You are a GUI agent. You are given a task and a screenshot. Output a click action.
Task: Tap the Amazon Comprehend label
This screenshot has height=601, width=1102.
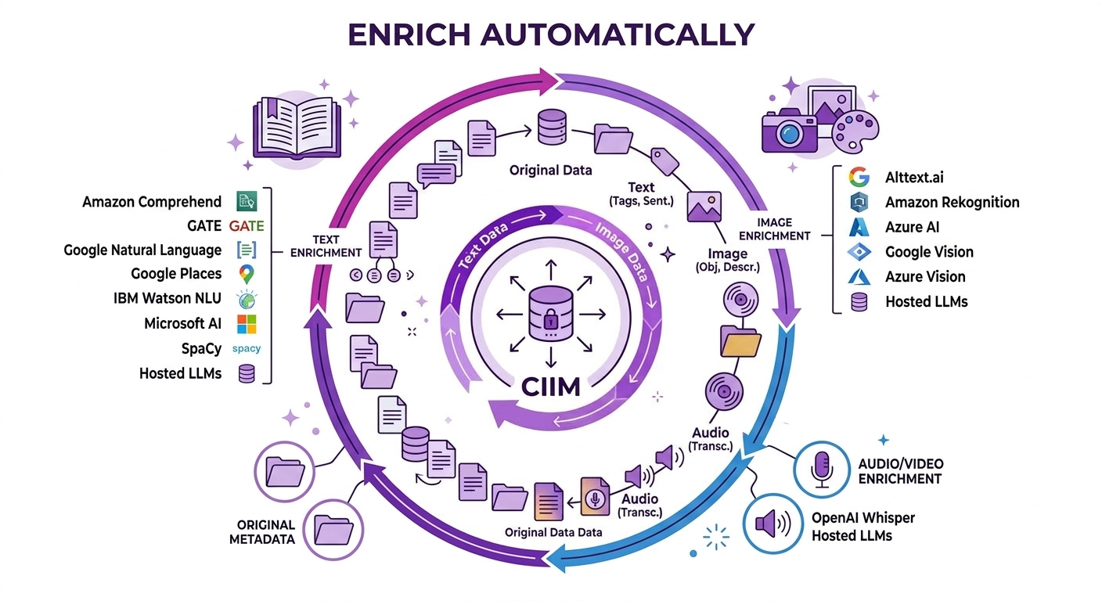pos(152,202)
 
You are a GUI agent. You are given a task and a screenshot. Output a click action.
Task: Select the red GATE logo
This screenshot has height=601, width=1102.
pos(247,225)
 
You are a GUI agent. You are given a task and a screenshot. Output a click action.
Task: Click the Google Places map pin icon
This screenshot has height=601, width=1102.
pos(247,274)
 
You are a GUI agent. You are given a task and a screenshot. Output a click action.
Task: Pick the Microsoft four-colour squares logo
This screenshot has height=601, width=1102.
pos(247,324)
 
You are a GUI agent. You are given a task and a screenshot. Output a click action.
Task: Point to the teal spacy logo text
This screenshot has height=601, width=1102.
pos(247,348)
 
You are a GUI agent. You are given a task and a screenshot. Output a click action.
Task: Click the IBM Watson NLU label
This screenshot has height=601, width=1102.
pos(167,298)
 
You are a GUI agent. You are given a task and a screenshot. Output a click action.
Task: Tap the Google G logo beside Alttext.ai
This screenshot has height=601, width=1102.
pos(859,177)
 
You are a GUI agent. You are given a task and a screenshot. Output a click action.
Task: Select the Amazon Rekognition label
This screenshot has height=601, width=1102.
pos(952,202)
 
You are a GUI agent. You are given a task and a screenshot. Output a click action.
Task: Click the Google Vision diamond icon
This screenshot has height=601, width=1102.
pos(859,252)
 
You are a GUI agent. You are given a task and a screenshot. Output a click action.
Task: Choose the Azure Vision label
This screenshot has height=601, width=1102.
pos(925,276)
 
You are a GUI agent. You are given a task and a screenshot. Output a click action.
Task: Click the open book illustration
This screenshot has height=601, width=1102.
pos(297,127)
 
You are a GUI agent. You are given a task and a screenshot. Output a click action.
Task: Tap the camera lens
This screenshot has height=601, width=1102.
pos(789,134)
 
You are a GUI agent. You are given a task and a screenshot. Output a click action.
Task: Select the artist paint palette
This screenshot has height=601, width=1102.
pos(855,131)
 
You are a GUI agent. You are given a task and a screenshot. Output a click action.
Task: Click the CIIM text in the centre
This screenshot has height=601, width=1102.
pos(550,387)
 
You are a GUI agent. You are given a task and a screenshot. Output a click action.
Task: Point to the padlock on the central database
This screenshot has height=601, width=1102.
pos(550,320)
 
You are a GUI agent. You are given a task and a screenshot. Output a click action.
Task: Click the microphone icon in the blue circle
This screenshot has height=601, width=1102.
pos(822,470)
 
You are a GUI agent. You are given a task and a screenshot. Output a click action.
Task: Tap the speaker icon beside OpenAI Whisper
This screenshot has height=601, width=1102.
pos(772,523)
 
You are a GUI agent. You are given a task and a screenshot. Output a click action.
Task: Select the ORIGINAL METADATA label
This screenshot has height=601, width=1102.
pos(262,532)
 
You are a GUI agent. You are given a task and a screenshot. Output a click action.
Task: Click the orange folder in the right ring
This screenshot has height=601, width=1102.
pos(740,341)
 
